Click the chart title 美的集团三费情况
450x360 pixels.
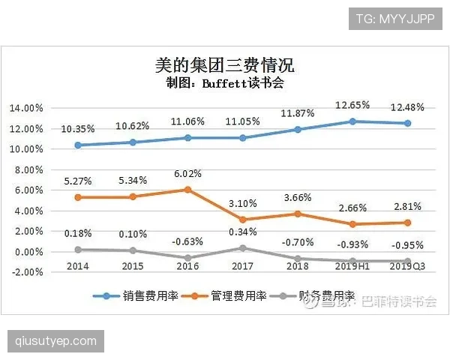[x=225, y=65]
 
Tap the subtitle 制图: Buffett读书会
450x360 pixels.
[x=225, y=82]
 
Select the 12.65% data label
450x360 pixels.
[x=352, y=106]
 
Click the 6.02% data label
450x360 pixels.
[x=187, y=175]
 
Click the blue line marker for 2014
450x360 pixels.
[x=77, y=145]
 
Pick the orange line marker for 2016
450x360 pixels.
[x=187, y=190]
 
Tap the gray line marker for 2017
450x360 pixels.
[x=242, y=248]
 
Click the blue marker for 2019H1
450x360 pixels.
[x=352, y=121]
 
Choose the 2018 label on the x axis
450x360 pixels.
[x=298, y=266]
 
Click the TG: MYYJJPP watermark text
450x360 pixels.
[x=395, y=17]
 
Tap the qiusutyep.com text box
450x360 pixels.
[x=56, y=341]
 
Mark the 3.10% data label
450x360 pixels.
[x=242, y=204]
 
